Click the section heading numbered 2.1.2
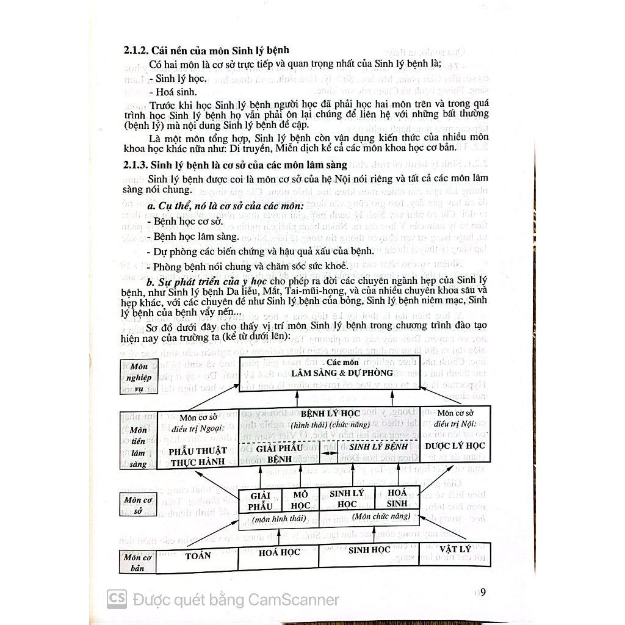pos(206,51)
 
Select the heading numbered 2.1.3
pos(235,165)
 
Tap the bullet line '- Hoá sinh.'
pos(173,92)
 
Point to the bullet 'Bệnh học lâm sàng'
pos(193,237)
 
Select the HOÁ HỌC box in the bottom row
pos(278,557)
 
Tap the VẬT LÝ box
pos(455,554)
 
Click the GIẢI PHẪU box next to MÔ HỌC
pos(260,501)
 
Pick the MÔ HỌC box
pos(300,500)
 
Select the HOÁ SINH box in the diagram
pos(397,498)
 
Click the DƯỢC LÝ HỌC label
pos(455,446)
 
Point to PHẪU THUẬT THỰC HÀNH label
pos(198,457)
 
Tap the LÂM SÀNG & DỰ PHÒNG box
pos(342,374)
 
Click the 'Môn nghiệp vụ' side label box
pos(139,377)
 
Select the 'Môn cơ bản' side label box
pos(137,562)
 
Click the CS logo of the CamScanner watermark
pos(117,599)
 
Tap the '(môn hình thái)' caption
pos(279,519)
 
